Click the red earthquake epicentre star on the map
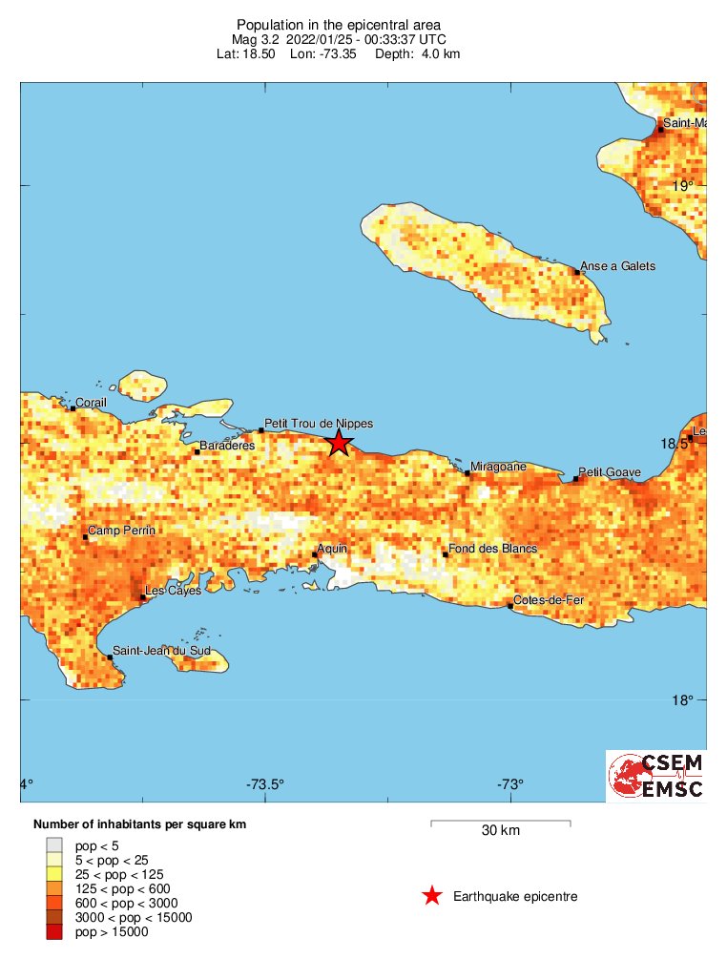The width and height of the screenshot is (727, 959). [338, 443]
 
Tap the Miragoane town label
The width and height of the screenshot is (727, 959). [499, 467]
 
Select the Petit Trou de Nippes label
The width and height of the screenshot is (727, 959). [319, 424]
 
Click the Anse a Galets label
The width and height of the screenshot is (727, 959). [618, 266]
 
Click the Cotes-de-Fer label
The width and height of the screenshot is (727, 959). [549, 600]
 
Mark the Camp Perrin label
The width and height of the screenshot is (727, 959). [122, 531]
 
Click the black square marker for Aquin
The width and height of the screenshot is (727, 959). [315, 554]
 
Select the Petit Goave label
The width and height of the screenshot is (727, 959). [611, 472]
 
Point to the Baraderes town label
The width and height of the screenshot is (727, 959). [227, 446]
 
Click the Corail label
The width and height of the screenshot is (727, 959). [92, 403]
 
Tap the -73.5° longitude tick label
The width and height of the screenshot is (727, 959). [265, 785]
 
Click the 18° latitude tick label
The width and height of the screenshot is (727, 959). [682, 701]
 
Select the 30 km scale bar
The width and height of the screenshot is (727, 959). [500, 822]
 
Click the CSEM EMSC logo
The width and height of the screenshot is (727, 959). [656, 776]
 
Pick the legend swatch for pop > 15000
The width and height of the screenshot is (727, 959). [54, 932]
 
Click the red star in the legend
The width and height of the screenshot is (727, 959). [432, 896]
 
